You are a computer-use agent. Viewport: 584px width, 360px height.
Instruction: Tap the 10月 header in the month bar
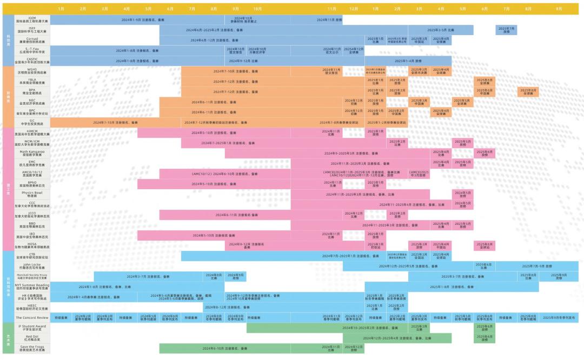257,9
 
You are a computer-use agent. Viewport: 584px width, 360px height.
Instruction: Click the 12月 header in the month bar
354,9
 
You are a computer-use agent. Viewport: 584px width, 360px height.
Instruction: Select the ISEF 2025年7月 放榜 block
506,30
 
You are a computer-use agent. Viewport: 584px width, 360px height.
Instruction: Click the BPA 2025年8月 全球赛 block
528,91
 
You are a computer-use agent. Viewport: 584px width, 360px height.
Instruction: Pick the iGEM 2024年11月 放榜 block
329,19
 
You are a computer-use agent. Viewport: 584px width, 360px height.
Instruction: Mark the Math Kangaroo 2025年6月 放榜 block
485,153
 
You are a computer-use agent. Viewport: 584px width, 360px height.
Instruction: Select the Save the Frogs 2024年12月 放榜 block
354,348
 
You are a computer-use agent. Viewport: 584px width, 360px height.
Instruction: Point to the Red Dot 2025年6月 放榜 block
485,338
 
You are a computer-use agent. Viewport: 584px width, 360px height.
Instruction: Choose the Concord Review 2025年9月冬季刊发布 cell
559,317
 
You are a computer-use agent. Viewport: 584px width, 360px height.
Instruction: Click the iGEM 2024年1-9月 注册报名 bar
138,19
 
